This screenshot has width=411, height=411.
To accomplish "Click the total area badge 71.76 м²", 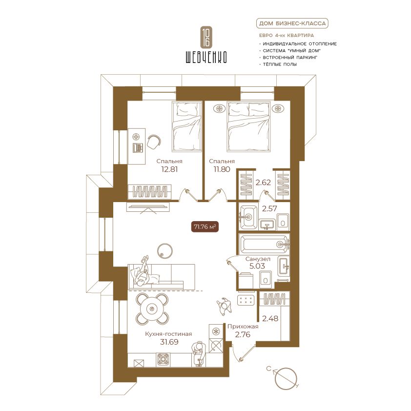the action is (205, 226).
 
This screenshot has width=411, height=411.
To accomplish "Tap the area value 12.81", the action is (169, 169).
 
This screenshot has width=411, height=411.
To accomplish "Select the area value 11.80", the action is (222, 169).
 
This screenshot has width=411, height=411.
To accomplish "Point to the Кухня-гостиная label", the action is (168, 334).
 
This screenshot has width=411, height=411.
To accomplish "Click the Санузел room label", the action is (258, 259).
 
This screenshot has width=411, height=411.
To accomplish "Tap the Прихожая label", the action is (243, 327).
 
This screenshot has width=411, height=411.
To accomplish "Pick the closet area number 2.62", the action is (263, 183).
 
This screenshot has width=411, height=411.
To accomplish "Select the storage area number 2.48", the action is (270, 319).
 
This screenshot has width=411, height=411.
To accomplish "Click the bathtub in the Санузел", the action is (264, 244).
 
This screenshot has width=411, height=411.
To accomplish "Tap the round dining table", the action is (152, 308).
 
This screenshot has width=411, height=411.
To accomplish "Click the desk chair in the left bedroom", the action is (154, 142).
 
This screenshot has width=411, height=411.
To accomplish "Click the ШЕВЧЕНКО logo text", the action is (206, 57).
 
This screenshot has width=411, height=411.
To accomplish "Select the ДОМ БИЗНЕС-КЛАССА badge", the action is (292, 23).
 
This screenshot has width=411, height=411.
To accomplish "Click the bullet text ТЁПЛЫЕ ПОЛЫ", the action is (280, 64).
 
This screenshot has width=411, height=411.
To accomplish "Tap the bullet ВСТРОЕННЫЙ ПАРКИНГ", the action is (290, 58).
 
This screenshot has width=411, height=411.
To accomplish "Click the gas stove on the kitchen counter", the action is (163, 360).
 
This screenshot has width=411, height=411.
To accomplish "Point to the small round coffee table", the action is (165, 250).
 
